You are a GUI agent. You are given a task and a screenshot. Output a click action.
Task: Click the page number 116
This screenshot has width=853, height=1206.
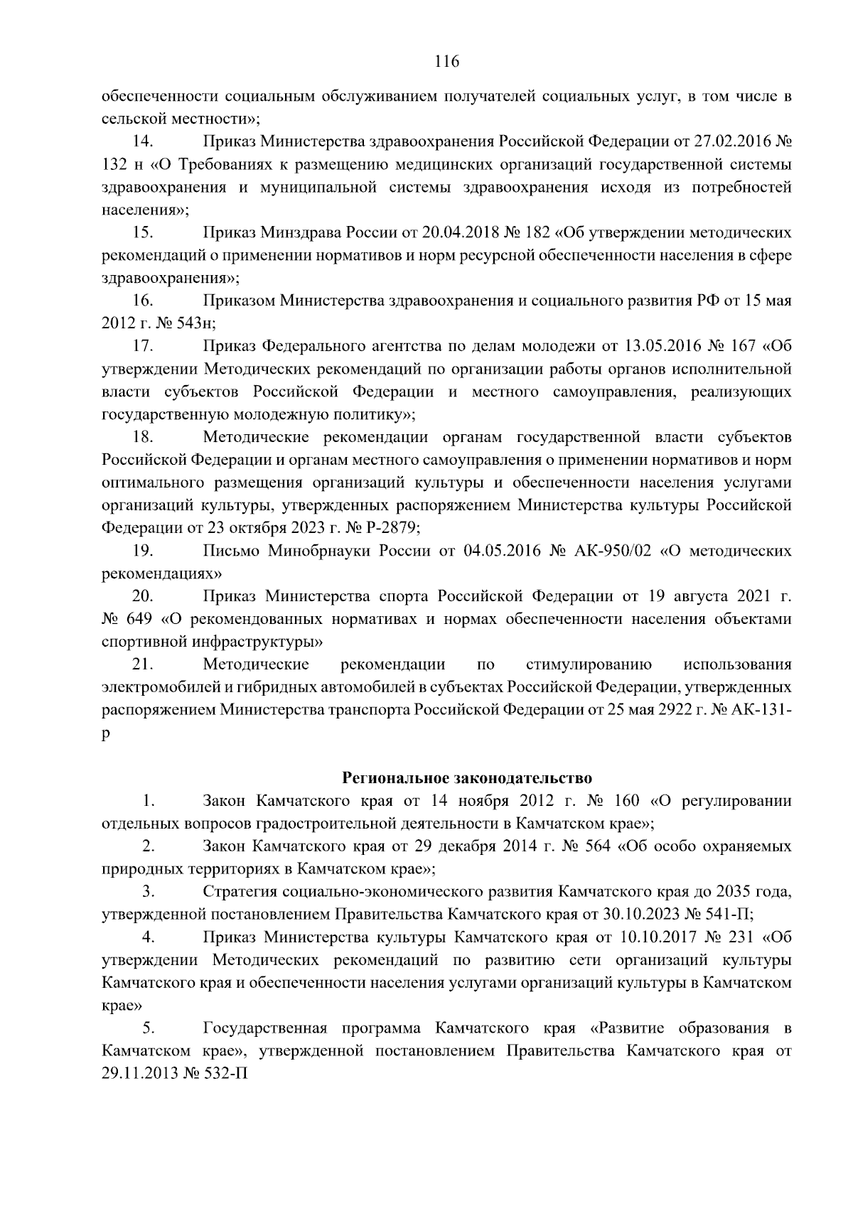(446, 62)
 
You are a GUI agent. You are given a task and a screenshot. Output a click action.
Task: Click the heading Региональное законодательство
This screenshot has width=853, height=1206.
(466, 777)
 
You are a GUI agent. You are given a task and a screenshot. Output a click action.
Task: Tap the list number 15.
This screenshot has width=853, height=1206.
(144, 232)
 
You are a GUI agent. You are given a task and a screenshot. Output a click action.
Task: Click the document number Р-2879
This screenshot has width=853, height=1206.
(390, 528)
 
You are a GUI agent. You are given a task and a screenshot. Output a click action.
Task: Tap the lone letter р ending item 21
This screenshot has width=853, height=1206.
(106, 734)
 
